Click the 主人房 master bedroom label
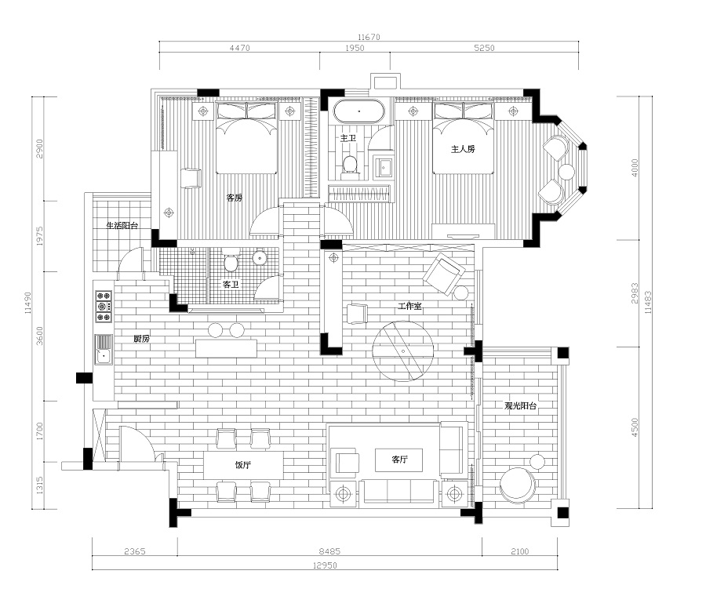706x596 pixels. [x=463, y=148]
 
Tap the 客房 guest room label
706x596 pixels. [x=234, y=197]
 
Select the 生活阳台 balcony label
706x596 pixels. [x=122, y=225]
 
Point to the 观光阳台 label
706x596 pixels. [x=521, y=405]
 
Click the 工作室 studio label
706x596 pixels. [x=409, y=306]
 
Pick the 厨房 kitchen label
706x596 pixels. [x=141, y=339]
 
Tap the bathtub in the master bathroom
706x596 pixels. [x=358, y=111]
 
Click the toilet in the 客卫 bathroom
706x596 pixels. [x=231, y=261]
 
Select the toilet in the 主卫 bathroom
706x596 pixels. [x=349, y=164]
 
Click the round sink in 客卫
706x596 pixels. [x=260, y=258]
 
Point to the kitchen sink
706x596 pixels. [x=104, y=351]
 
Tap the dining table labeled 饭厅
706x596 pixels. [x=243, y=465]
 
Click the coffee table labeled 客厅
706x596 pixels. [x=399, y=460]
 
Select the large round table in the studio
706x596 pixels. [x=403, y=351]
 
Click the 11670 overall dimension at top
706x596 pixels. [x=369, y=37]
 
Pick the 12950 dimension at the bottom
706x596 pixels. [x=325, y=565]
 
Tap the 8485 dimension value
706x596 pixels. [x=329, y=551]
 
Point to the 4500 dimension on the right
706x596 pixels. [x=635, y=427]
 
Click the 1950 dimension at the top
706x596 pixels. [x=355, y=48]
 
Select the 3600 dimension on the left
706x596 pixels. [x=40, y=336]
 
